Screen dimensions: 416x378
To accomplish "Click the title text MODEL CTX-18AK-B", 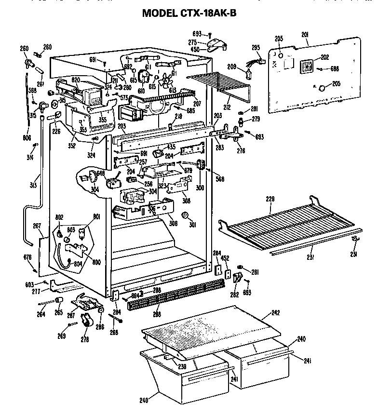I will point(189,13).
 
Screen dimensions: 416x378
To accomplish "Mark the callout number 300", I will point(200,187).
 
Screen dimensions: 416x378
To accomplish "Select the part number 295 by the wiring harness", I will point(256,47).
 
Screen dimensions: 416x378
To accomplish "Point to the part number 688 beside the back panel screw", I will point(334,68).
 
